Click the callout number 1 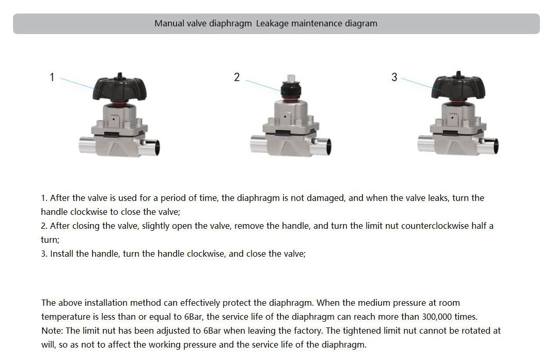[52, 77]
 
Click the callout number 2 [236, 77]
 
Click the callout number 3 [394, 77]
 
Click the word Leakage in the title [272, 23]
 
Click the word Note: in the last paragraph [52, 331]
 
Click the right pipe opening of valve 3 [493, 147]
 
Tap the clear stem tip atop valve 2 [290, 77]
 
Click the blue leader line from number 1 [77, 83]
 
